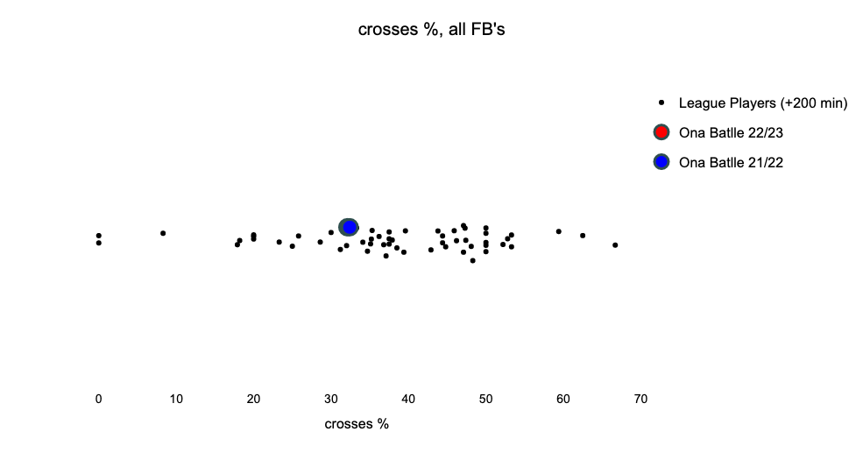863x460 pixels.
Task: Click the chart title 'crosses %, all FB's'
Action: [x=431, y=29]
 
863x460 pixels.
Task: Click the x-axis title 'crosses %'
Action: [x=357, y=424]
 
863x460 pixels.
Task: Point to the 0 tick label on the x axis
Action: [x=98, y=399]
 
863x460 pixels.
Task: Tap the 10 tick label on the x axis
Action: [x=176, y=399]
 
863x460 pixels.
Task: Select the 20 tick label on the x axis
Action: [x=253, y=399]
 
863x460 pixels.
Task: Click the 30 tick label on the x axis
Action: [x=331, y=399]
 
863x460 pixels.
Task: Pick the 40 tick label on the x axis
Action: [x=408, y=399]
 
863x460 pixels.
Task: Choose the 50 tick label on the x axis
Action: [x=486, y=399]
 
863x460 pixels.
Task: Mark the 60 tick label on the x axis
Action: [x=563, y=399]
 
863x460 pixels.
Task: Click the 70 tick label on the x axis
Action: [x=640, y=399]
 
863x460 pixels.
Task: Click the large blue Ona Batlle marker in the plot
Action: [x=349, y=227]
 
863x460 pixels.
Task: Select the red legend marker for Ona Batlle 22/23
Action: [x=661, y=132]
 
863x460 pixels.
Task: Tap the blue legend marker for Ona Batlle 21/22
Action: [x=661, y=162]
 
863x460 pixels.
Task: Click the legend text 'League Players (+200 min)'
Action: [x=763, y=103]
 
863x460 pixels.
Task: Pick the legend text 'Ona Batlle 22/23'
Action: [x=731, y=132]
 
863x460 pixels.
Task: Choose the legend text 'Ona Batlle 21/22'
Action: [x=731, y=162]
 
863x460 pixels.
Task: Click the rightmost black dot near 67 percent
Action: [x=615, y=245]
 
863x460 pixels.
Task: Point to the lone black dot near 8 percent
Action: [x=163, y=233]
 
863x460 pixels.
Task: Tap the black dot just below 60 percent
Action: [x=559, y=231]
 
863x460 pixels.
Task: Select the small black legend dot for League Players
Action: [x=661, y=103]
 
